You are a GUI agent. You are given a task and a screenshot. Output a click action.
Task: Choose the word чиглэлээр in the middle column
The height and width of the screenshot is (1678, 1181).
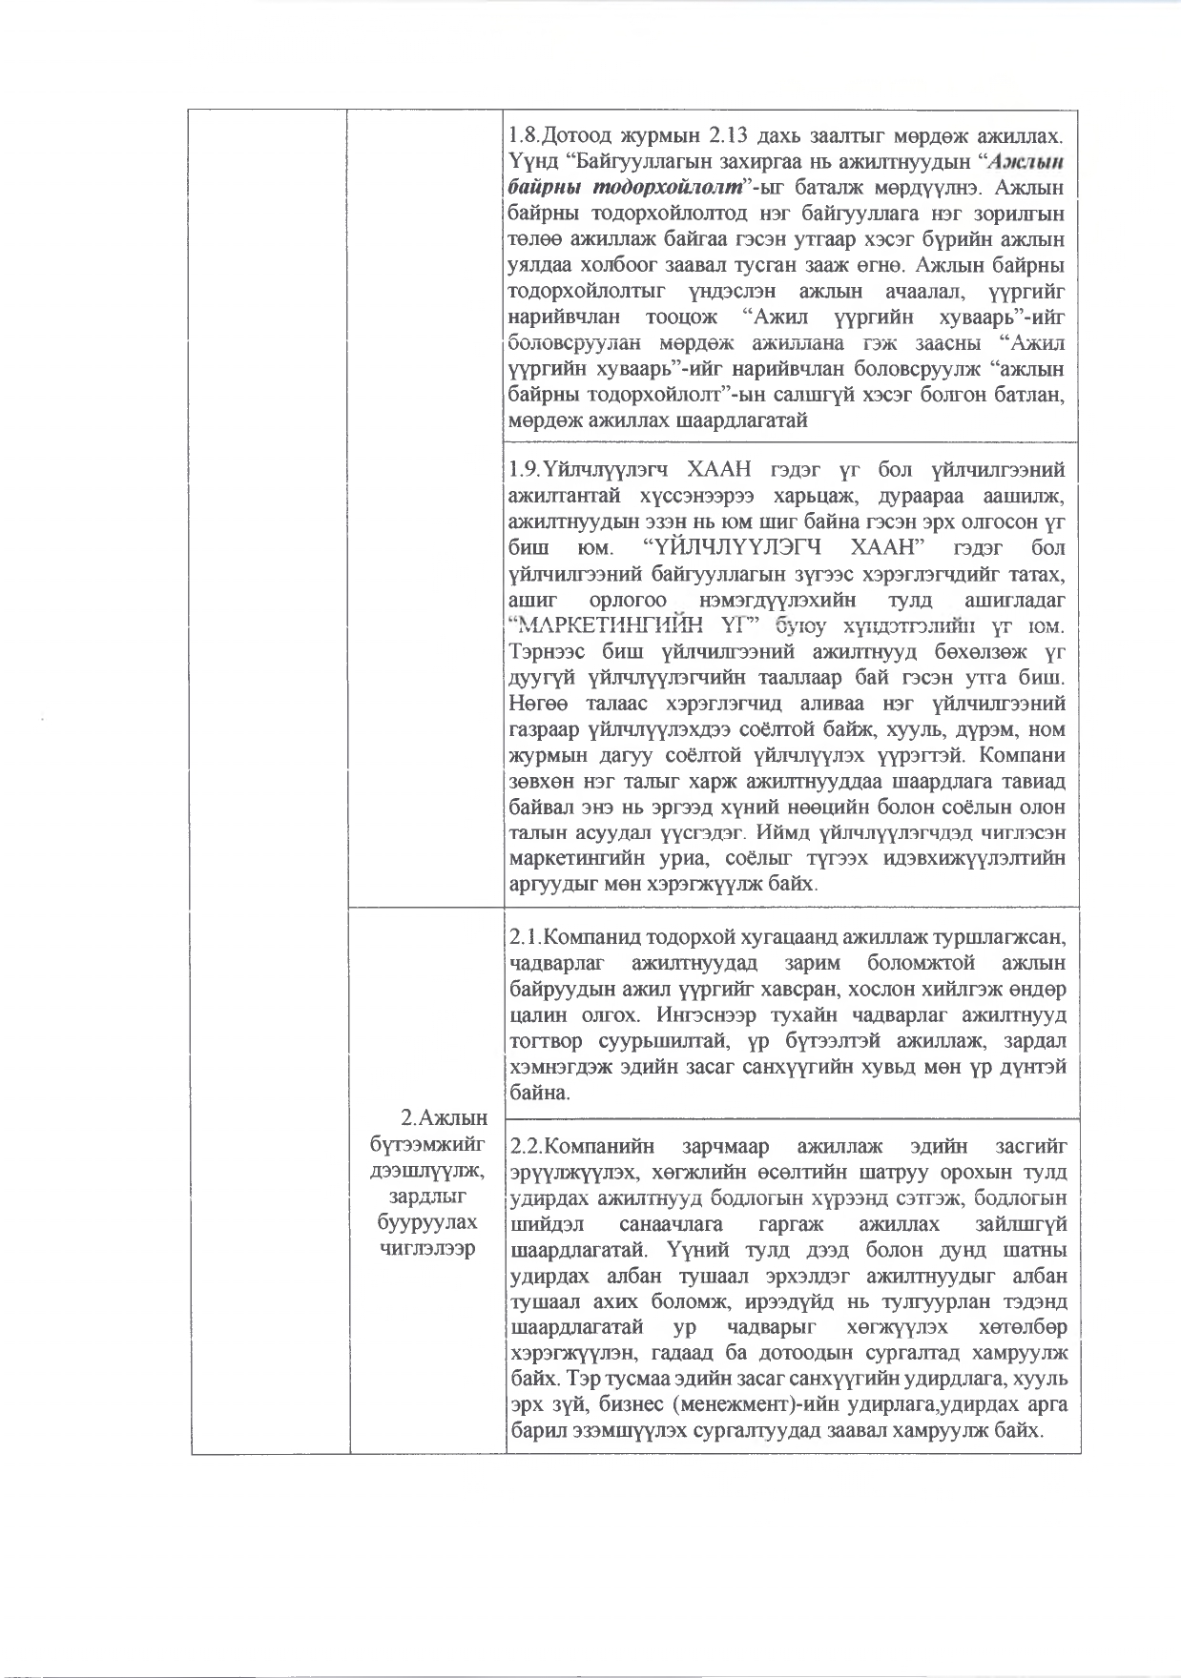[427, 1250]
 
